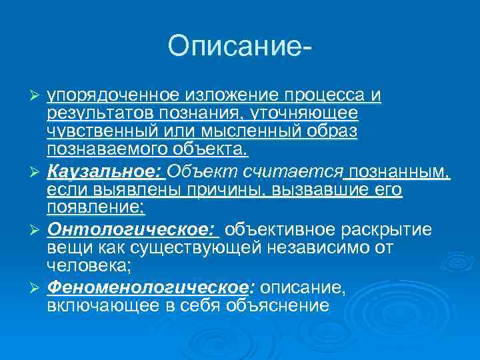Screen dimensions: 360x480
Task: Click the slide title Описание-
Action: click(240, 47)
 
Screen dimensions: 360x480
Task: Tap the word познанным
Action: click(400, 173)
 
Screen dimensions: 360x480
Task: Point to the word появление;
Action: click(96, 207)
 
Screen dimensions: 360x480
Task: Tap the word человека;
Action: click(89, 265)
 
